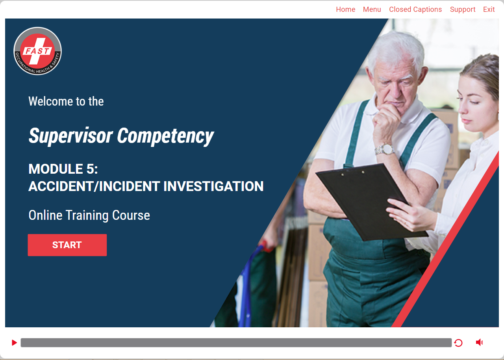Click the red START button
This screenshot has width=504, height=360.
coord(67,245)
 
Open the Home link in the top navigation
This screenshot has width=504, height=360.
coord(345,9)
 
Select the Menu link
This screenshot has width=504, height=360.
coord(372,9)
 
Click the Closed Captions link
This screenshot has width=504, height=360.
coord(415,9)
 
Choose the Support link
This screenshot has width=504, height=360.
coord(463,9)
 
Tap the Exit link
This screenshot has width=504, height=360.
coord(489,9)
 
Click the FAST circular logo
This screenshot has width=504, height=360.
coord(37,51)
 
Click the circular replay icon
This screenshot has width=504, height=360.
coord(458,343)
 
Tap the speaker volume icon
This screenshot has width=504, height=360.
coord(479,342)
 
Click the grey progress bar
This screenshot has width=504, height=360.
coord(236,342)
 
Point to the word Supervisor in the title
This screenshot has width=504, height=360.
coord(70,136)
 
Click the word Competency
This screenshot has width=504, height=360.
coord(165,136)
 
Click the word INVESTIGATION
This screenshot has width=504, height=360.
coord(213,186)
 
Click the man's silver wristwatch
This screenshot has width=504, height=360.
coord(385,149)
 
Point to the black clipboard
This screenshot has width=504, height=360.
coord(371,201)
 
